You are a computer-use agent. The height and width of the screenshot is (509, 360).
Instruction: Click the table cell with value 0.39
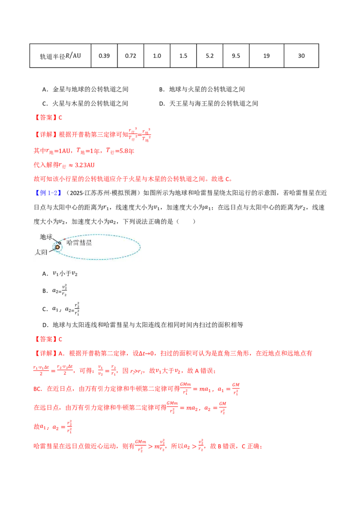104,56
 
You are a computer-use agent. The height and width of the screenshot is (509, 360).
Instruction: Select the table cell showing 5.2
210,56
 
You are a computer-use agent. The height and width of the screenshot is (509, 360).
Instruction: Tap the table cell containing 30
301,56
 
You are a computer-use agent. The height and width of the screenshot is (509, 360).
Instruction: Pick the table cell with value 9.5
236,56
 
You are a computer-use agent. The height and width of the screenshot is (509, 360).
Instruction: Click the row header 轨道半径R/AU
60,56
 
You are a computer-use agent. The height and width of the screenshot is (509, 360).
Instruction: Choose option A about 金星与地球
85,89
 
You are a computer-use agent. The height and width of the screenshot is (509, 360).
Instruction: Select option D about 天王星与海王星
209,103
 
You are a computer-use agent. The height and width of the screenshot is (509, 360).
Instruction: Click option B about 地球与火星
202,89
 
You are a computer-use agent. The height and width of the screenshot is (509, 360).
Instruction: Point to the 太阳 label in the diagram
41,252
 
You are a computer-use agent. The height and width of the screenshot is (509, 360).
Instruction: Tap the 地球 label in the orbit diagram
46,237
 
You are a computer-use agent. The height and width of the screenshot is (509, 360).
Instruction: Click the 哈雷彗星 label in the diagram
79,242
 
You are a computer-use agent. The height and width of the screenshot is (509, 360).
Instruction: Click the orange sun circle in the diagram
58,247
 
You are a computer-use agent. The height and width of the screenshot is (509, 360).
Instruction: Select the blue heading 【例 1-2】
47,193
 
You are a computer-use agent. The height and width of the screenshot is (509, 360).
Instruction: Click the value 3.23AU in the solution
85,165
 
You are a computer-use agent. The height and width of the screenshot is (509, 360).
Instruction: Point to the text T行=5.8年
120,151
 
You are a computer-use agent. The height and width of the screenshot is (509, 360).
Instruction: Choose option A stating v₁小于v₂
60,274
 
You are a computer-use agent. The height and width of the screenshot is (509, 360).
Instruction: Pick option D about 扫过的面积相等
143,325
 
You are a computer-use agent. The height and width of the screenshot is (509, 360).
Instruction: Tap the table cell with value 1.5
183,56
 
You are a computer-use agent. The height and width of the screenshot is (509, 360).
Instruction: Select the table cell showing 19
266,56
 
